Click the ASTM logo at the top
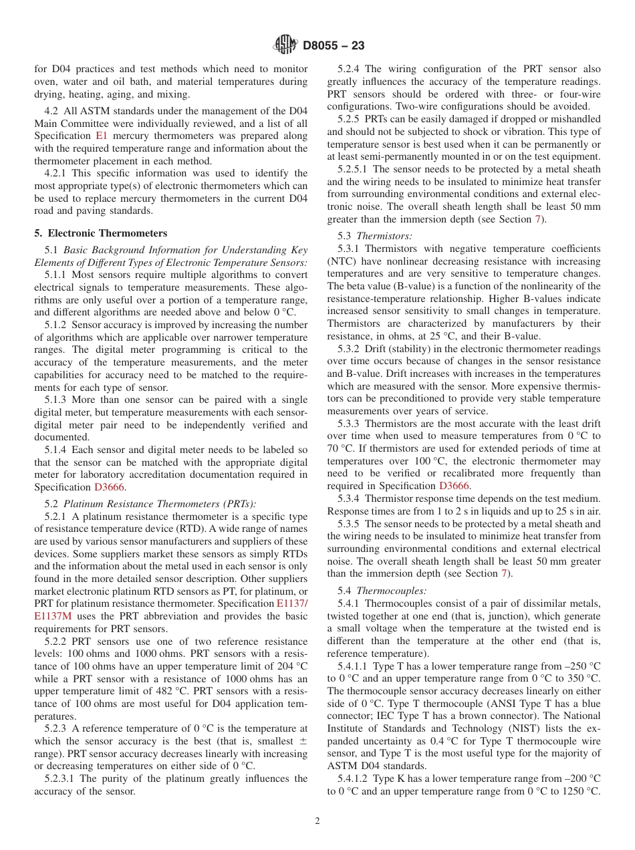[x=286, y=45]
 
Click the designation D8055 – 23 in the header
[x=334, y=46]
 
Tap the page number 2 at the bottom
[x=317, y=821]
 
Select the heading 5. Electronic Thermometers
[x=101, y=233]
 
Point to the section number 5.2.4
[x=350, y=69]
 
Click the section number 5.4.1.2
[x=354, y=778]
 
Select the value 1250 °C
[x=579, y=791]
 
